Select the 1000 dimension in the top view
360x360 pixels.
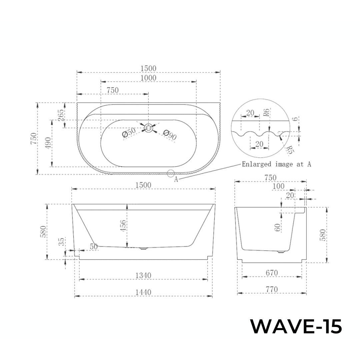point(148,78)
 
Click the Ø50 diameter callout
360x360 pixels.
point(129,133)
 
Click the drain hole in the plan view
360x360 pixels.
point(148,128)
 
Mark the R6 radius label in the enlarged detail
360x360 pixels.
point(266,112)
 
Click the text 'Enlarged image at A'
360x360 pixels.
point(276,164)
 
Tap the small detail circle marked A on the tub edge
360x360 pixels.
point(171,173)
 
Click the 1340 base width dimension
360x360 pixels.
point(143,275)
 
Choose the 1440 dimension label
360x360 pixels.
point(143,292)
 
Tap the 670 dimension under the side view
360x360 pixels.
point(272,273)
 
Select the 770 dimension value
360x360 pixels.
point(272,290)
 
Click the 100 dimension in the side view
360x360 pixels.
point(279,186)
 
